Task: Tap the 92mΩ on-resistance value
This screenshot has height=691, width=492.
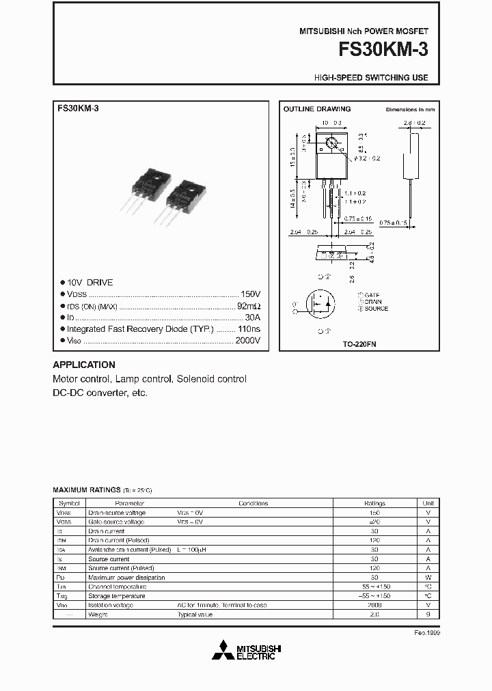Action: coord(249,305)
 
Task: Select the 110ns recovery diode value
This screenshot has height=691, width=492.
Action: coord(247,328)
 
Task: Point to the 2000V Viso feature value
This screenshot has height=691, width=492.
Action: coord(247,340)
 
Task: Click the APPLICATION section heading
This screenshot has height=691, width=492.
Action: coord(84,365)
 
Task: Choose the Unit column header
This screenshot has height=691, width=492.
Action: coord(428,503)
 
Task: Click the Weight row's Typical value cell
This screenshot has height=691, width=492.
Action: coord(195,615)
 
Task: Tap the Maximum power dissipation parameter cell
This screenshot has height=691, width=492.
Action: coord(127,578)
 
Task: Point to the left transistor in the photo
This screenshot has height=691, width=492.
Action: coord(144,193)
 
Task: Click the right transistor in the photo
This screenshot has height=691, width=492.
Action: coord(180,198)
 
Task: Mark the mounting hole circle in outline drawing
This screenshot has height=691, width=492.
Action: coord(332,144)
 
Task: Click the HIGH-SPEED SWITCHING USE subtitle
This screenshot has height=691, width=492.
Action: coord(371,78)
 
